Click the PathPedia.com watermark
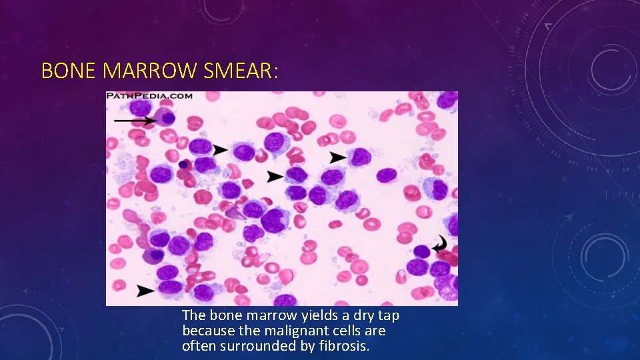(150, 96)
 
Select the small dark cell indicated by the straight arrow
(168, 118)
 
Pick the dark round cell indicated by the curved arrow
(421, 251)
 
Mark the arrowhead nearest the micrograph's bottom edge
(146, 291)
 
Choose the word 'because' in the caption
(204, 331)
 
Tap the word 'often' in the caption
(197, 346)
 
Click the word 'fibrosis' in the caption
(345, 346)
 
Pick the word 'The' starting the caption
(193, 315)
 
